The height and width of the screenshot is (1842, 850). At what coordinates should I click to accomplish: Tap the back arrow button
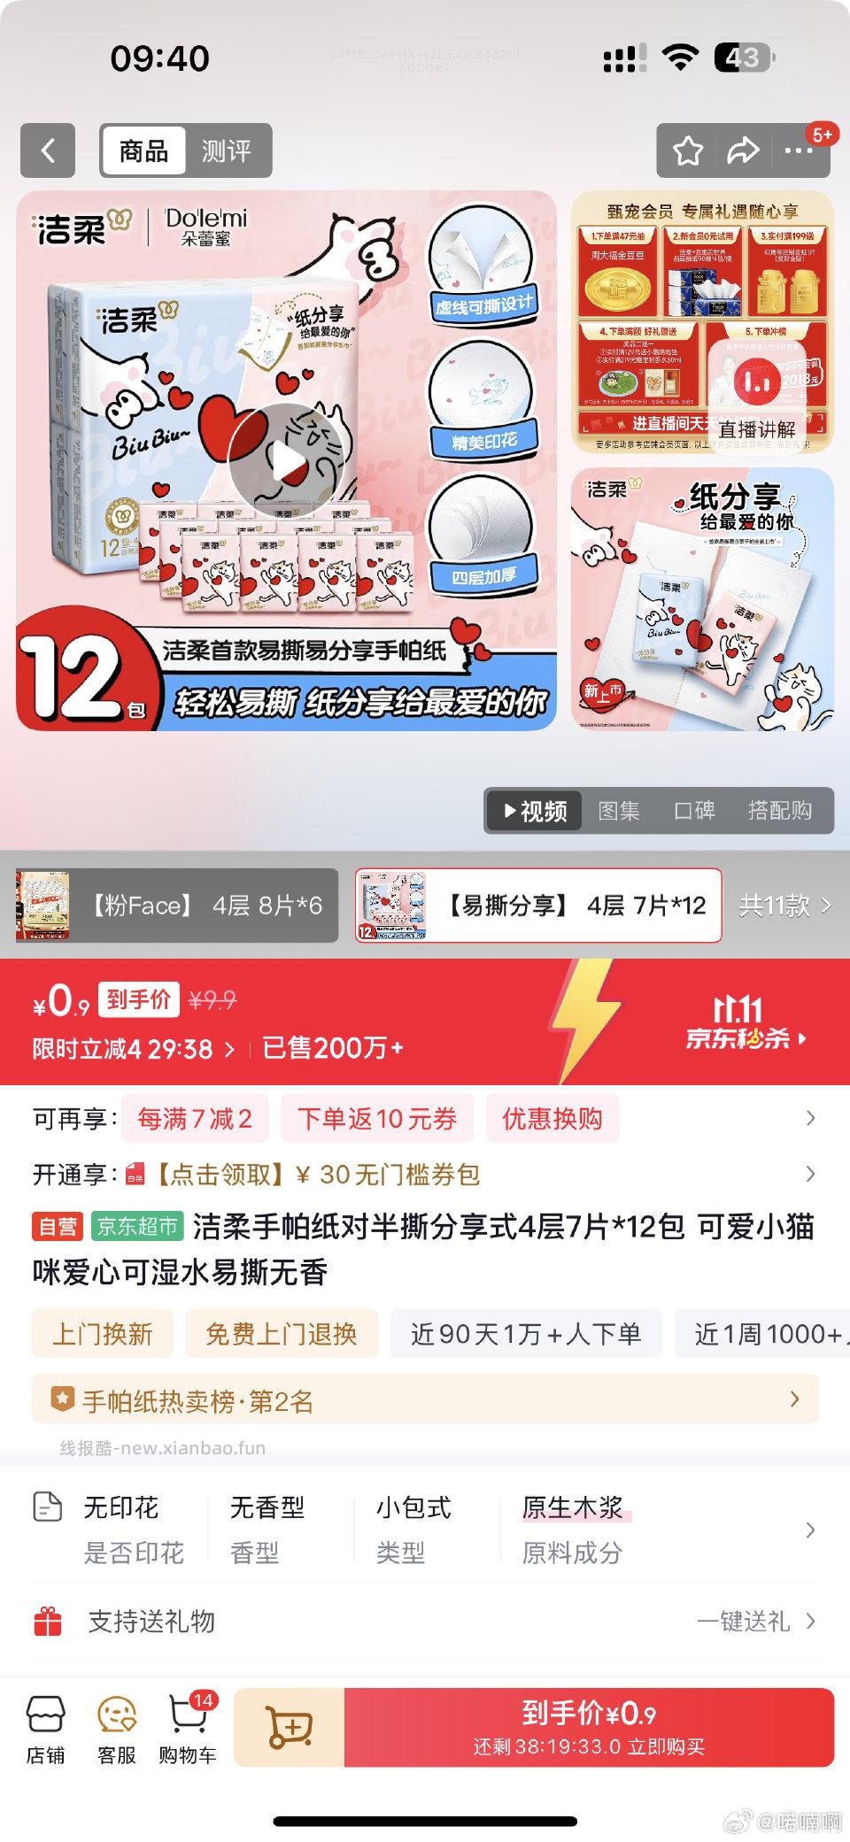(48, 150)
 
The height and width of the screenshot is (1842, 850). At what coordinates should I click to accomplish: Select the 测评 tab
(226, 151)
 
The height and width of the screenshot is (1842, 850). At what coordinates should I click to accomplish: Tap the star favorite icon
(688, 151)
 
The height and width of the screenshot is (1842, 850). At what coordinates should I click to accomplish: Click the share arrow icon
(743, 151)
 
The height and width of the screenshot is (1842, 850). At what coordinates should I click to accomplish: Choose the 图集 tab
(619, 811)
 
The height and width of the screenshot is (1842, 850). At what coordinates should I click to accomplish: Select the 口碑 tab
(694, 811)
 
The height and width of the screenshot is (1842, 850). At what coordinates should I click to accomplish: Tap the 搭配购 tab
(779, 811)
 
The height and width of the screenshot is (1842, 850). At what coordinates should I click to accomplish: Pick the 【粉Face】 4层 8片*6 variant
(177, 906)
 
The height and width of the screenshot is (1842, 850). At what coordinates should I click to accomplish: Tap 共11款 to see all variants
(784, 906)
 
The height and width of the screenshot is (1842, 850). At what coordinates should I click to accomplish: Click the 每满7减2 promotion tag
(195, 1119)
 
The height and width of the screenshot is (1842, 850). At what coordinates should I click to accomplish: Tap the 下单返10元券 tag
(377, 1119)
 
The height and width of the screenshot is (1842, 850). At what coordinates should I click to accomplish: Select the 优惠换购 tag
(552, 1119)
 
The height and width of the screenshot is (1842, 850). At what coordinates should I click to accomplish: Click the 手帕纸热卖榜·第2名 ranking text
(197, 1401)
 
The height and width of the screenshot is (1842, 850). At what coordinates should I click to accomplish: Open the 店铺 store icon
(45, 1730)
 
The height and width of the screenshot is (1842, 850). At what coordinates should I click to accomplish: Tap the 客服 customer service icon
(117, 1730)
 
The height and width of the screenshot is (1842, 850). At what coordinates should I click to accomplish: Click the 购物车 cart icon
(188, 1730)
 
